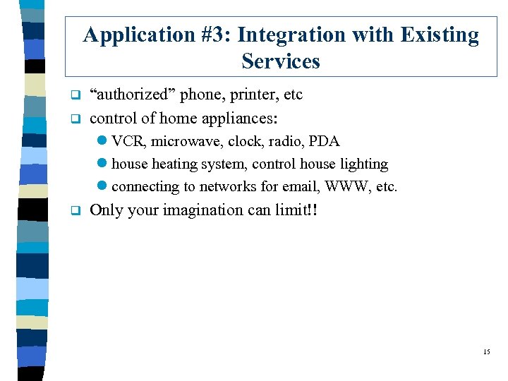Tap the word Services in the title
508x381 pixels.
[281, 61]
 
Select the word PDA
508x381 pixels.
[325, 141]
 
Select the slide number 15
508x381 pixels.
[486, 351]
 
